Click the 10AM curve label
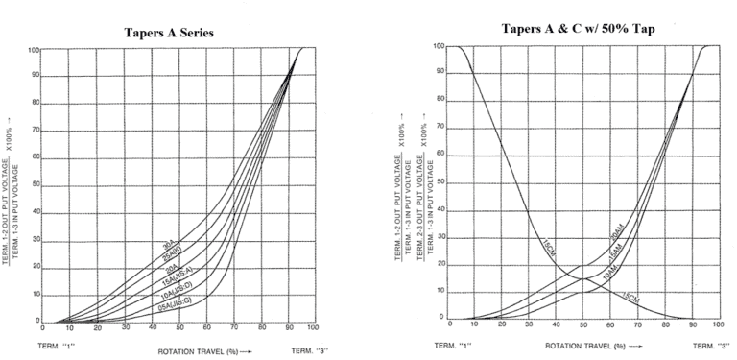click(609, 271)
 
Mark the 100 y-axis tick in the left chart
click(34, 49)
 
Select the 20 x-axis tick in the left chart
click(97, 328)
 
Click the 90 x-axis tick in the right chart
click(692, 326)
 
